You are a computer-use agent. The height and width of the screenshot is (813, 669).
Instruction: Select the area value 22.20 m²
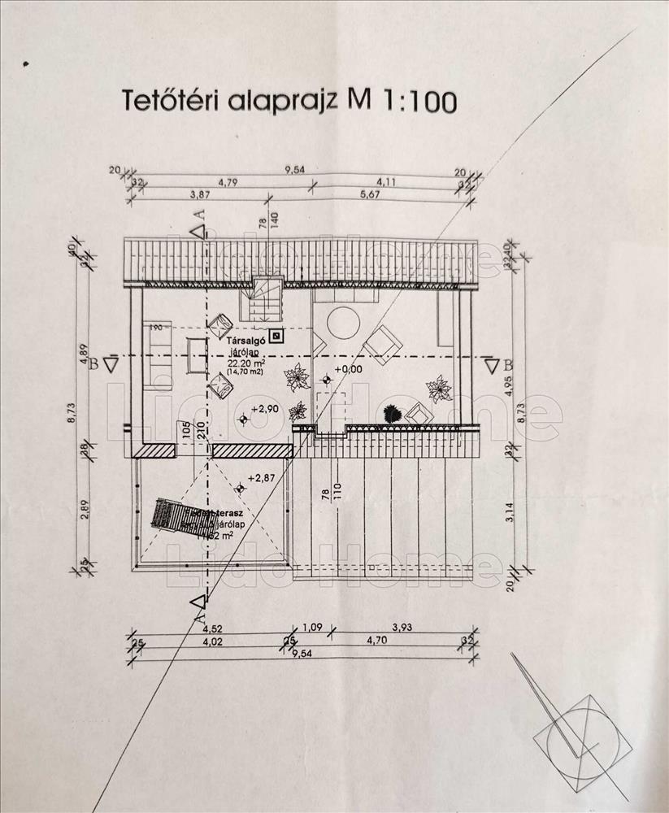246,363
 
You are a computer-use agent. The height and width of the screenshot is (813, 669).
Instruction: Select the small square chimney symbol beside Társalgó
277,334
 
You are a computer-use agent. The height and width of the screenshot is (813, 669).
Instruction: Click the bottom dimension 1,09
313,628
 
